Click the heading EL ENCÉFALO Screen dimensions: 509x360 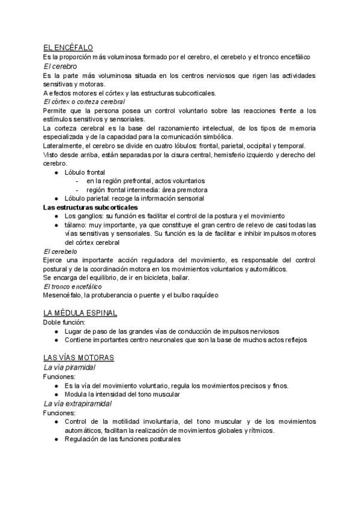tap(68, 48)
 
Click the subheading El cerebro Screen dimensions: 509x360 tap(60, 66)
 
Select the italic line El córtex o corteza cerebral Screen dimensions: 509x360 tap(80, 102)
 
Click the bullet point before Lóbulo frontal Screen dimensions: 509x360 tap(56, 172)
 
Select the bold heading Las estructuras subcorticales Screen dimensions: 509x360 tap(91, 207)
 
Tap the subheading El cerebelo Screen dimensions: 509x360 tap(60, 251)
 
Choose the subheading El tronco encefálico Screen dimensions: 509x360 tap(73, 286)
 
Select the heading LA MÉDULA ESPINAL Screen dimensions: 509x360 tap(80, 313)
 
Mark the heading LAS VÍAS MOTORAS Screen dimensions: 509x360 tap(79, 358)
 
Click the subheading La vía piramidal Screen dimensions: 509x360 tap(69, 367)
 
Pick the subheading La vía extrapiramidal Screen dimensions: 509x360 tap(77, 404)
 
